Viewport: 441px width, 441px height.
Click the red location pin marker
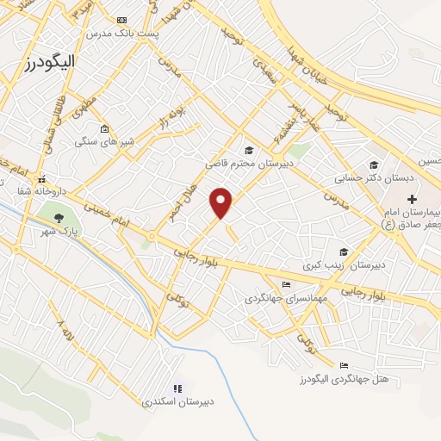coord(221,202)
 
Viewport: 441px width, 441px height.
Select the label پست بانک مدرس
coord(123,33)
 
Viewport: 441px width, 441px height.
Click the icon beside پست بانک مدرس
coord(121,20)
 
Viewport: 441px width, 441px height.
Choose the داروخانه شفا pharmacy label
coord(63,191)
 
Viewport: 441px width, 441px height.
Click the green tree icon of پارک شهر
coord(59,217)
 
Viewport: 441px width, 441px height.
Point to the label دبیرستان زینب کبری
coord(348,265)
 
